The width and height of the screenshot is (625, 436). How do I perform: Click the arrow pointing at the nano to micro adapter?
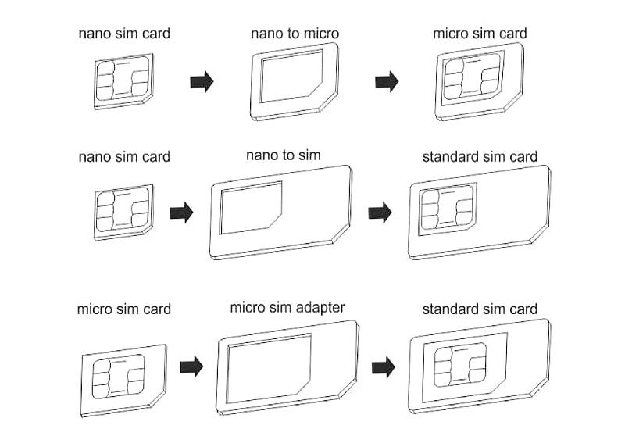202,81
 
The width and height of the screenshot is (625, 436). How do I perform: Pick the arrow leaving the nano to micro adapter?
387,81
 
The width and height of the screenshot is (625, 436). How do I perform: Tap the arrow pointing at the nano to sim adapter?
181,213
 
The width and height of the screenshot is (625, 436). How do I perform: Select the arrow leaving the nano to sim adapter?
380,213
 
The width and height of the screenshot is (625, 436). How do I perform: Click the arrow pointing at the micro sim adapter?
191,366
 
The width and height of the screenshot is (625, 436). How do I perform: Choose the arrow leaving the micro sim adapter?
383,366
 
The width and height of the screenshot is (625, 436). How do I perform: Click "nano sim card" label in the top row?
124,34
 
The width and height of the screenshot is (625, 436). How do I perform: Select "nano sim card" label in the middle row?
124,156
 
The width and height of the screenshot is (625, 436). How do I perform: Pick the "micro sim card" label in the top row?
480,34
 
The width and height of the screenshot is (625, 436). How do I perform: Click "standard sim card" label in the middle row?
480,156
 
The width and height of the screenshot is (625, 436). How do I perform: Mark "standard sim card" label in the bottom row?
480,309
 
